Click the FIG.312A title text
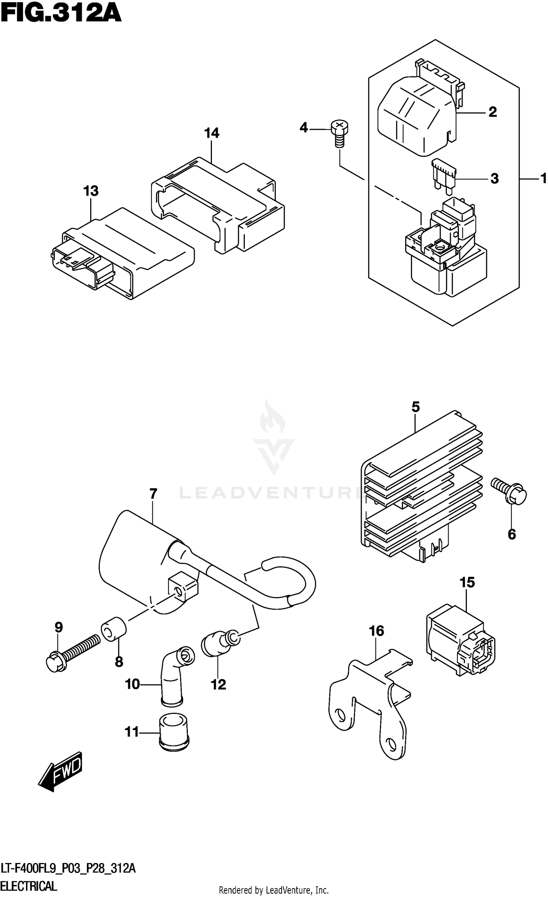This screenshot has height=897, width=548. tap(61, 15)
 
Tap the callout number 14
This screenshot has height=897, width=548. tap(212, 133)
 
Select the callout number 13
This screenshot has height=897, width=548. tap(91, 191)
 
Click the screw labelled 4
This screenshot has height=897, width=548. tap(339, 133)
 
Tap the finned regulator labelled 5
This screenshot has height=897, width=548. tap(420, 490)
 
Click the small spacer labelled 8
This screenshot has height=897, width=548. tap(113, 629)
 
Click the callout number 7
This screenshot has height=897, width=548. tap(153, 494)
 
